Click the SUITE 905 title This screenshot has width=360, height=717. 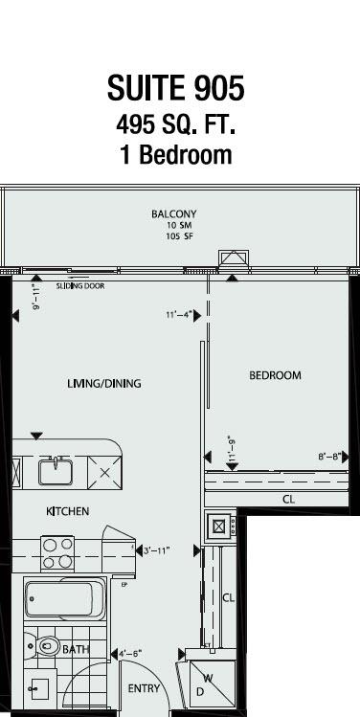(x=176, y=88)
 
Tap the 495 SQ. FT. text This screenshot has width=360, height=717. (x=176, y=124)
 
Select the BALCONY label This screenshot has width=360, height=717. (x=174, y=214)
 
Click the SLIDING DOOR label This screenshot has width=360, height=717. (x=80, y=286)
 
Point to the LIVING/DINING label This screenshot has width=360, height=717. (x=104, y=384)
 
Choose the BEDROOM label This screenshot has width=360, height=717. (x=276, y=375)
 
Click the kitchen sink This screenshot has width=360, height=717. (x=56, y=471)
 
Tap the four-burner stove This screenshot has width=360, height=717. (x=57, y=553)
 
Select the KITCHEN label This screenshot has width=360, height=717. (x=68, y=511)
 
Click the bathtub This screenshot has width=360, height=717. (x=65, y=598)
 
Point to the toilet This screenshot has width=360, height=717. (x=42, y=646)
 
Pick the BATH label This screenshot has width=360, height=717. (x=76, y=649)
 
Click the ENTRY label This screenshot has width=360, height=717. (x=144, y=688)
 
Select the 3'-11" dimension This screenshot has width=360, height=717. (x=156, y=551)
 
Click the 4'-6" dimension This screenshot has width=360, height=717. (x=130, y=654)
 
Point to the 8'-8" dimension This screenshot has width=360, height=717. (x=330, y=457)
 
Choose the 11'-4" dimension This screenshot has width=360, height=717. (x=179, y=315)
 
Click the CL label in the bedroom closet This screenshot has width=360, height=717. (x=288, y=500)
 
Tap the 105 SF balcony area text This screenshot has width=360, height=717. (x=179, y=236)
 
